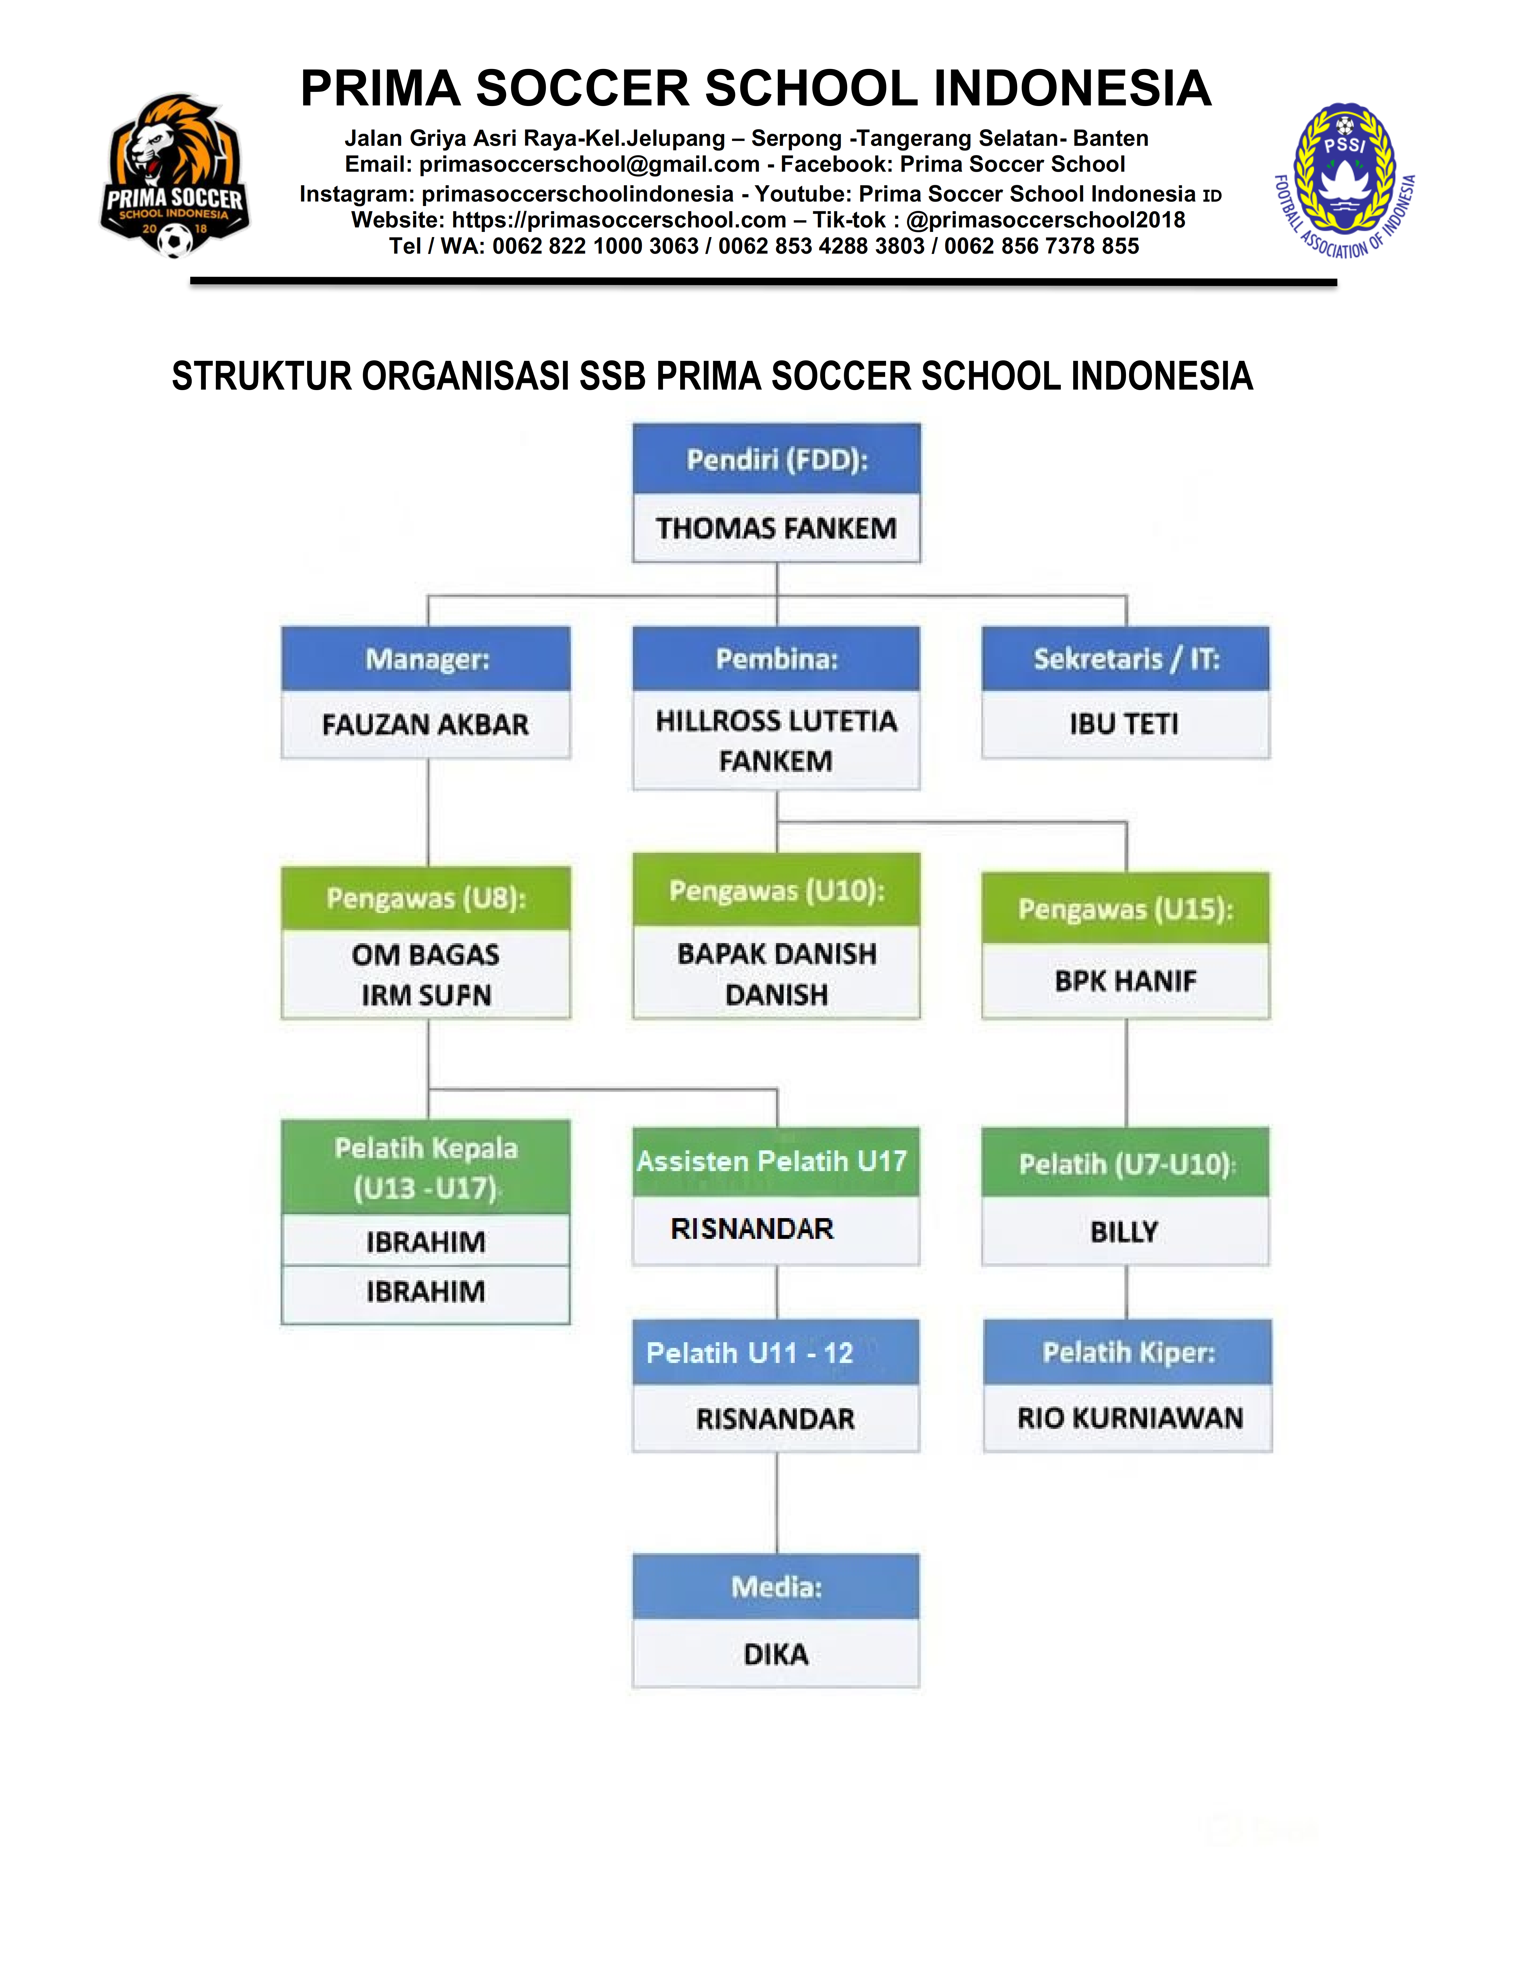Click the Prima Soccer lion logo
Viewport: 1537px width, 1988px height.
pos(175,176)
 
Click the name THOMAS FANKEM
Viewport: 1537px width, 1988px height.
pos(777,528)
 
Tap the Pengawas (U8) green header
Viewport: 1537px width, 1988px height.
pos(426,899)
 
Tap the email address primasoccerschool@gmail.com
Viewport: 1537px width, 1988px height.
pos(589,165)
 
